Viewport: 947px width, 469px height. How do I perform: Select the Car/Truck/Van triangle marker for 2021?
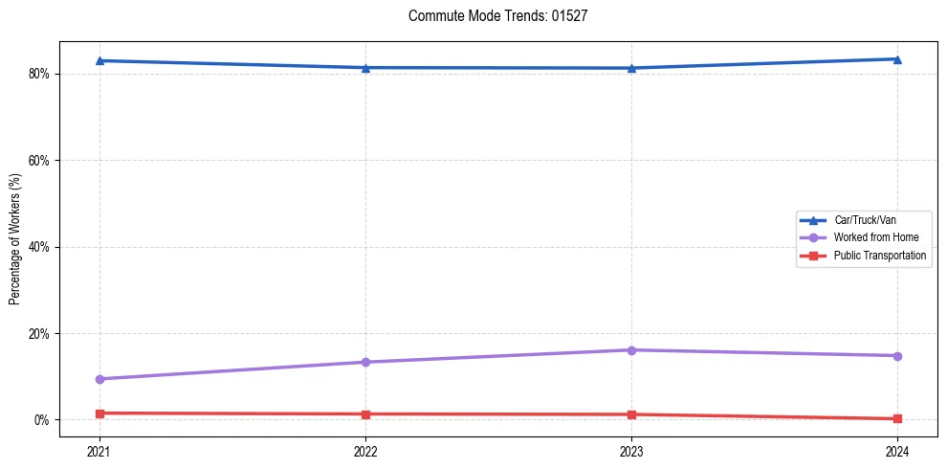[99, 60]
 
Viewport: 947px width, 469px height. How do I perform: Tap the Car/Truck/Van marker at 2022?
[365, 67]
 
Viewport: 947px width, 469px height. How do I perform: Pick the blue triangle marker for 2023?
[631, 68]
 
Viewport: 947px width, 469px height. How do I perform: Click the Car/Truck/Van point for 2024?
[897, 59]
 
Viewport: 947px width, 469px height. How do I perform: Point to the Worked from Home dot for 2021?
[99, 379]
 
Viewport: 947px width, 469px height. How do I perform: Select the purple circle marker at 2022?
[365, 362]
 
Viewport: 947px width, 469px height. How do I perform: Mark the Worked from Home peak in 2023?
[631, 349]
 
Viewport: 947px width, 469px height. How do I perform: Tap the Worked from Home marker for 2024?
[897, 356]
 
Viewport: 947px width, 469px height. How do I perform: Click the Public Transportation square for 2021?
[99, 413]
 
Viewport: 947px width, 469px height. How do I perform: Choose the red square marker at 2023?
[631, 414]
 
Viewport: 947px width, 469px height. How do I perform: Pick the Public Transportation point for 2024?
[897, 418]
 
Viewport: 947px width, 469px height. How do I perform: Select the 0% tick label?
[41, 420]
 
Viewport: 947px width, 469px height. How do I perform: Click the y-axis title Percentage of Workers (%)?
[14, 239]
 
